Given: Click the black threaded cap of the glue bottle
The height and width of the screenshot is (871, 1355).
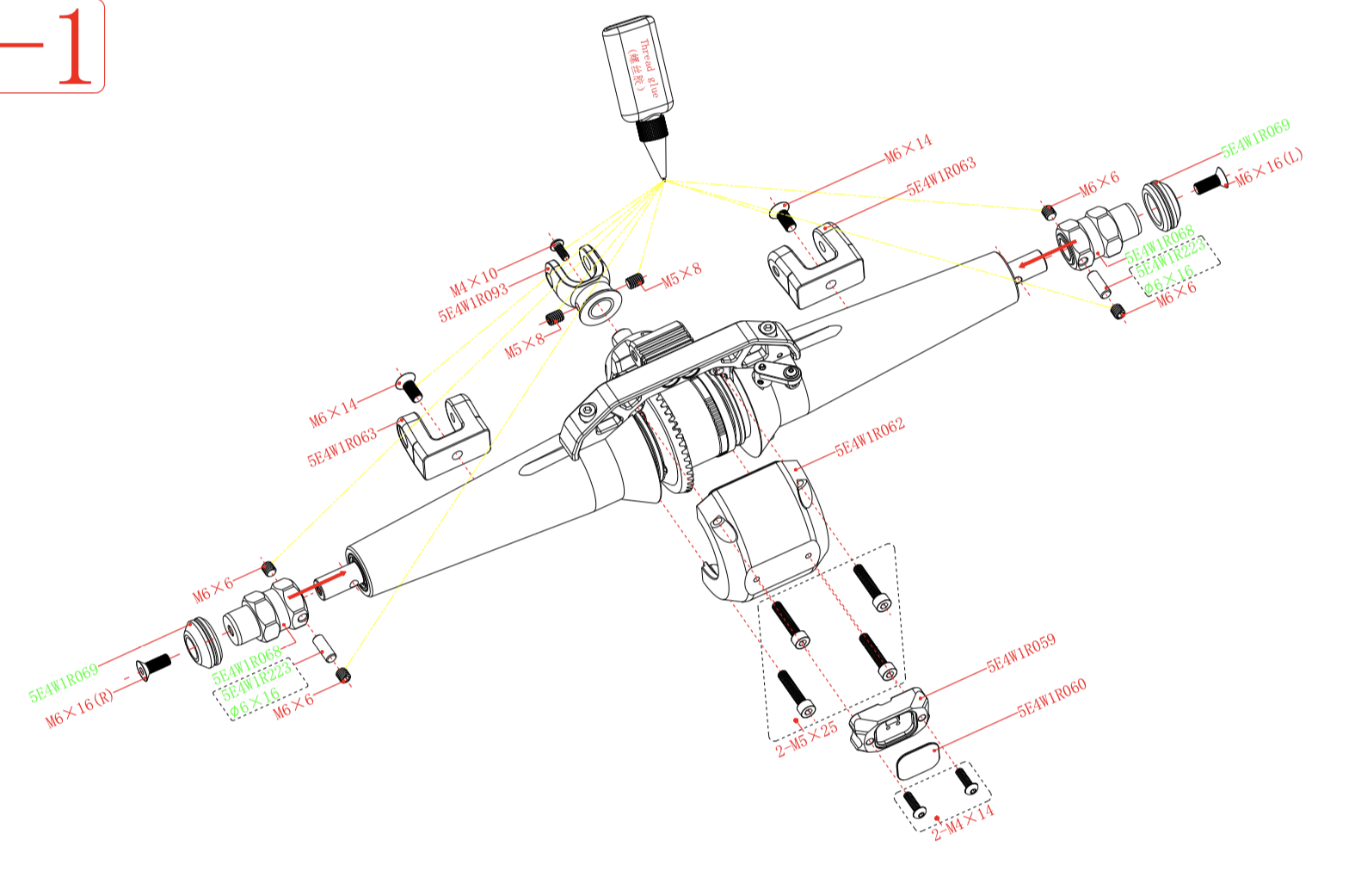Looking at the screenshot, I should [x=653, y=130].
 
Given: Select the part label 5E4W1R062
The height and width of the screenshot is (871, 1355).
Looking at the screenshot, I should [x=870, y=436].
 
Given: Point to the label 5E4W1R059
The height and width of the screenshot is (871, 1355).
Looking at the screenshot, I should [x=1020, y=653].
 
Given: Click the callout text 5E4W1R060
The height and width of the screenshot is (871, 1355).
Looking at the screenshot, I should [x=1051, y=697].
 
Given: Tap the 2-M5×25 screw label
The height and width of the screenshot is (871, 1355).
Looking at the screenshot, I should [x=806, y=739].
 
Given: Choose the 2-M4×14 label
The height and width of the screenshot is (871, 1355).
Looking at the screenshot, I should [x=964, y=822].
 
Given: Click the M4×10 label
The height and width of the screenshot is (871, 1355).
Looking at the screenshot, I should [x=473, y=281].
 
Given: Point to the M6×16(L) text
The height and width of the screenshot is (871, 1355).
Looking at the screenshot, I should [x=1270, y=167].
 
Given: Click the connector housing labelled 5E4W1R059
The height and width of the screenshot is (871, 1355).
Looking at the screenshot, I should [x=888, y=720].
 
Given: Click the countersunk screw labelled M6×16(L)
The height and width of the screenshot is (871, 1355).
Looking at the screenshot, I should [x=1210, y=182].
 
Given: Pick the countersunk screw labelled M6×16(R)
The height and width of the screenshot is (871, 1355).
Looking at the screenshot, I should [x=154, y=665].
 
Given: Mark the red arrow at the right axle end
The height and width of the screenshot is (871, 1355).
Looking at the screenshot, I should [x=1046, y=253].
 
